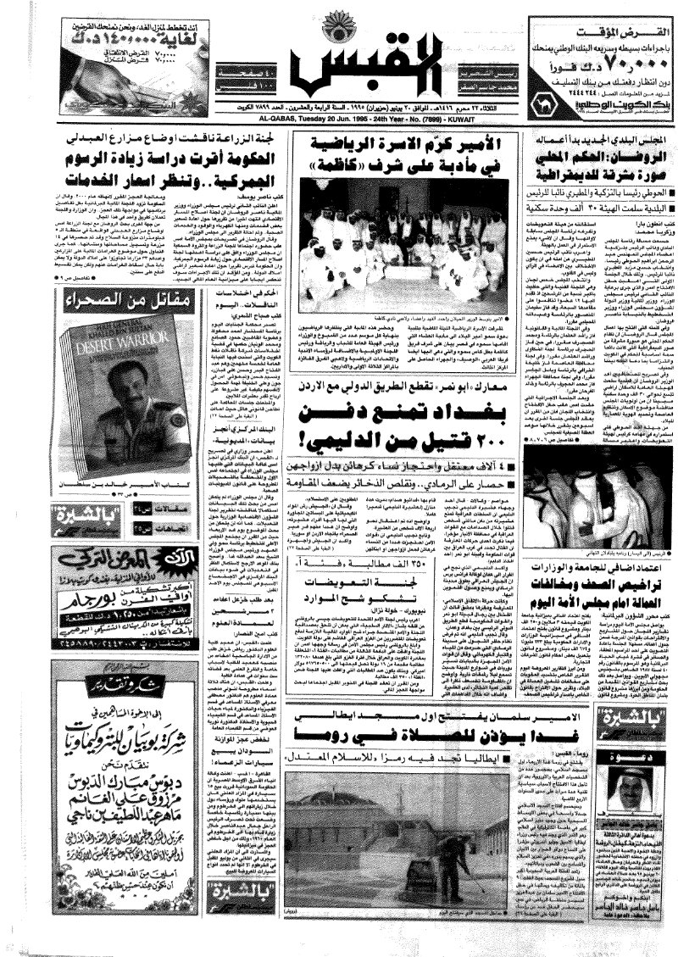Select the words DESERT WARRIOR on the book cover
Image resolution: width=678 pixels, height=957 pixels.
pos(99,350)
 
